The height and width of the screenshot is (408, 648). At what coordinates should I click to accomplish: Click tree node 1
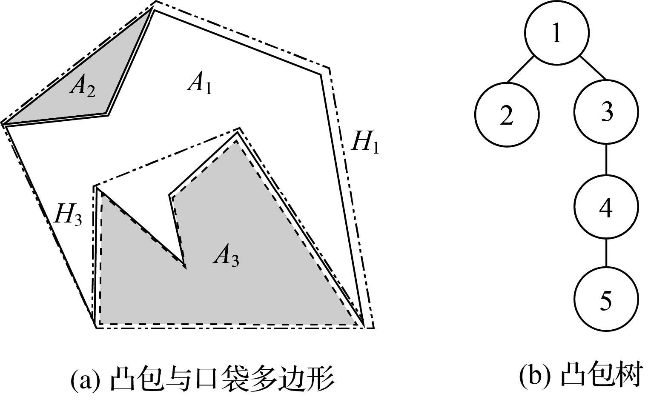pos(556,33)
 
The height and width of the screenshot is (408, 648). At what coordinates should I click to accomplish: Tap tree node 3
pos(606,112)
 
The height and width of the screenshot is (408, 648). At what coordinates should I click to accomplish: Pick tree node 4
pos(606,207)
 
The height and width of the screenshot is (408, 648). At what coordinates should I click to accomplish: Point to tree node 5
pos(606,299)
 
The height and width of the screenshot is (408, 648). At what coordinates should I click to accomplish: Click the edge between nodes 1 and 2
pos(520,68)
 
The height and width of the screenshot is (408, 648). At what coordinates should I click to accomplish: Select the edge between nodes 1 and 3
pos(592,67)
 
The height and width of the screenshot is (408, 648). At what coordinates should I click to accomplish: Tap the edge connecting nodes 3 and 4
pos(606,160)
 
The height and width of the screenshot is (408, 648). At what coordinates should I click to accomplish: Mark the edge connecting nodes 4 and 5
pos(606,253)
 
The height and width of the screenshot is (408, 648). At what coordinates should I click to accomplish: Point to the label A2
pos(83,88)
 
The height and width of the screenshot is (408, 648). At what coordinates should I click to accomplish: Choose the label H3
pos(68,216)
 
